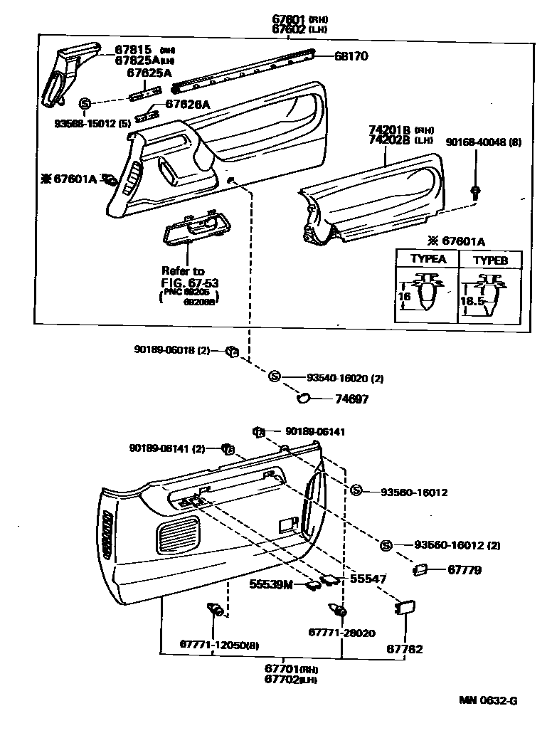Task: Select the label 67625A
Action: click(149, 72)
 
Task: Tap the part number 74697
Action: click(351, 400)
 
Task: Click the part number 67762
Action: click(404, 649)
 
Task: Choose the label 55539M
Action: click(271, 584)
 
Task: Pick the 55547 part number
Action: click(368, 579)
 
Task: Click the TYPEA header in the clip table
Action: click(428, 259)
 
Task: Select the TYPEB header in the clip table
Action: click(491, 260)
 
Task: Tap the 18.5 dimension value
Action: click(473, 301)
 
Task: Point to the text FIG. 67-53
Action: click(190, 283)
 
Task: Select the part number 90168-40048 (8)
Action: click(484, 142)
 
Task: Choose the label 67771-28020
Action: click(341, 632)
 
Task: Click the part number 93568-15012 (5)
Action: click(92, 123)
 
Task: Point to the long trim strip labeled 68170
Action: click(242, 71)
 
